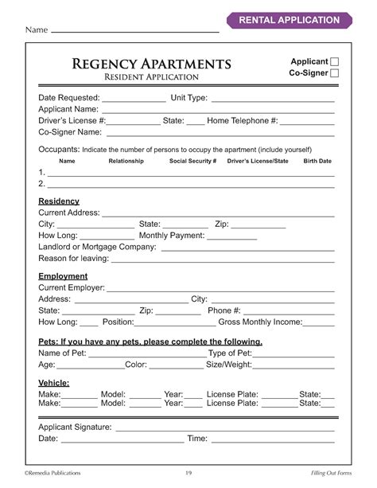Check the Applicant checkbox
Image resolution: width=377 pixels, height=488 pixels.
[334, 61]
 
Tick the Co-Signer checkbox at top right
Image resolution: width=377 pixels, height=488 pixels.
[334, 73]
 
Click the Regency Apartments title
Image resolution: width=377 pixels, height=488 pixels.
[151, 63]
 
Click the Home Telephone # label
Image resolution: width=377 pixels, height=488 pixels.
[242, 120]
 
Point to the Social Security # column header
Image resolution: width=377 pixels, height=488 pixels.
[192, 161]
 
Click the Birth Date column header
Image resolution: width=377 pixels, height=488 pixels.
[317, 161]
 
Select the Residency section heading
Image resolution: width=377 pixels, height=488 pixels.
[59, 201]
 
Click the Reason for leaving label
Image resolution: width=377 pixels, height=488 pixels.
[74, 258]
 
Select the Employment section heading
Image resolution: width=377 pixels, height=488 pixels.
[63, 276]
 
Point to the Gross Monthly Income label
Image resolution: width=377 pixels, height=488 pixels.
[260, 322]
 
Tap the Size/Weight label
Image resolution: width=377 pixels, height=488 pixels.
[228, 365]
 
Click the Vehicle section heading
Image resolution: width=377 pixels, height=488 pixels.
[54, 383]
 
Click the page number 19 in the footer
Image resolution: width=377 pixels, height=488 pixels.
[188, 473]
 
